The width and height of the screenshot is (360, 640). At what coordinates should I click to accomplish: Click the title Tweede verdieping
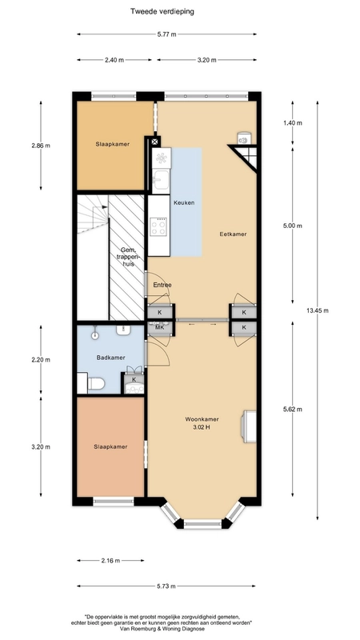pos(162,11)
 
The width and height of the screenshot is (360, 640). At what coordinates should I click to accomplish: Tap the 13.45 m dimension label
pos(317,310)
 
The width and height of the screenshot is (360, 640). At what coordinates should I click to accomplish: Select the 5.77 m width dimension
pos(166,34)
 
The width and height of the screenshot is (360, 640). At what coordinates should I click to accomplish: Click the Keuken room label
pos(184,202)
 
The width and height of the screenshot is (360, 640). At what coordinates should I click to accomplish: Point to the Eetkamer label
pos(233,234)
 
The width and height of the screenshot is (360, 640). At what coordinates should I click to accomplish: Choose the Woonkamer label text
pos(202,418)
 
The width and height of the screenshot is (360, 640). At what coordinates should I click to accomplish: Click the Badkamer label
pos(110,358)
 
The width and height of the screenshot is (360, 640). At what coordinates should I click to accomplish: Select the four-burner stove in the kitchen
pos(158,227)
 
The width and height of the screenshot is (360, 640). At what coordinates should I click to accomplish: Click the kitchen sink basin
pos(160,179)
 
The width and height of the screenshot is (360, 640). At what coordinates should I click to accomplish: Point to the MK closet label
pos(158,328)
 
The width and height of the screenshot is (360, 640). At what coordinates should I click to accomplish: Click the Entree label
pos(162,285)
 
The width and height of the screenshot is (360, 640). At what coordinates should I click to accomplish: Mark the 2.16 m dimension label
pos(110,561)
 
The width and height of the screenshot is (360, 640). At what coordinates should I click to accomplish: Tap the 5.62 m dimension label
pos(293,410)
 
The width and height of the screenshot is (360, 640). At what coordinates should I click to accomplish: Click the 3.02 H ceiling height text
pos(202,427)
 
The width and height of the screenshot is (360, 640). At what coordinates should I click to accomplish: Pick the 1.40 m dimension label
pos(293,123)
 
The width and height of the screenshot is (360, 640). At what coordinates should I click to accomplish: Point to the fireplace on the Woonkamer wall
pos(249,426)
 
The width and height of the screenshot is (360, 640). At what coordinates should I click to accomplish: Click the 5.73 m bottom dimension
pos(166,586)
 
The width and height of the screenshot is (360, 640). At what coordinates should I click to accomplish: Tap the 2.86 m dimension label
pos(41,146)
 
